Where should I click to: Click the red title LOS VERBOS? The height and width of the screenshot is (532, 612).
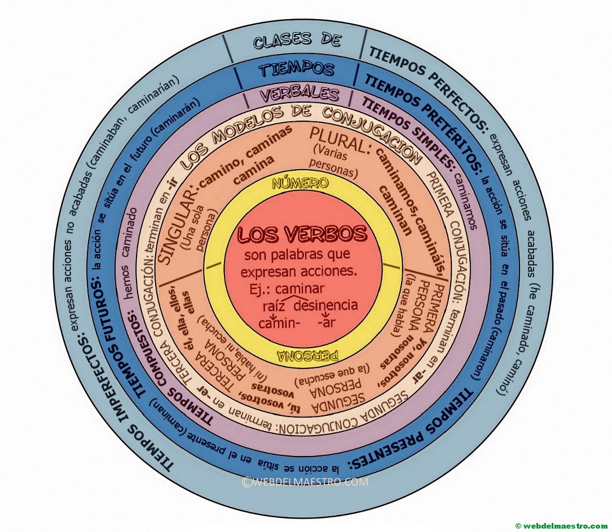pyautogui.click(x=302, y=234)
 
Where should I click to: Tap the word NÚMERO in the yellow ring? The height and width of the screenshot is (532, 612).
pyautogui.click(x=300, y=183)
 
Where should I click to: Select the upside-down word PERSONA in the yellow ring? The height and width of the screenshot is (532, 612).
pyautogui.click(x=308, y=356)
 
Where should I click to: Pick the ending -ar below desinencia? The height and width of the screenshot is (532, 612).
pyautogui.click(x=329, y=324)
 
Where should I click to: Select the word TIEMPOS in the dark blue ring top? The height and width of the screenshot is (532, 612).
pyautogui.click(x=297, y=69)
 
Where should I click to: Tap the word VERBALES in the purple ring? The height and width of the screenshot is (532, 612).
pyautogui.click(x=299, y=94)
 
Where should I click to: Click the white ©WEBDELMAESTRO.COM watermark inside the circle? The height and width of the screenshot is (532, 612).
pyautogui.click(x=305, y=482)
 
